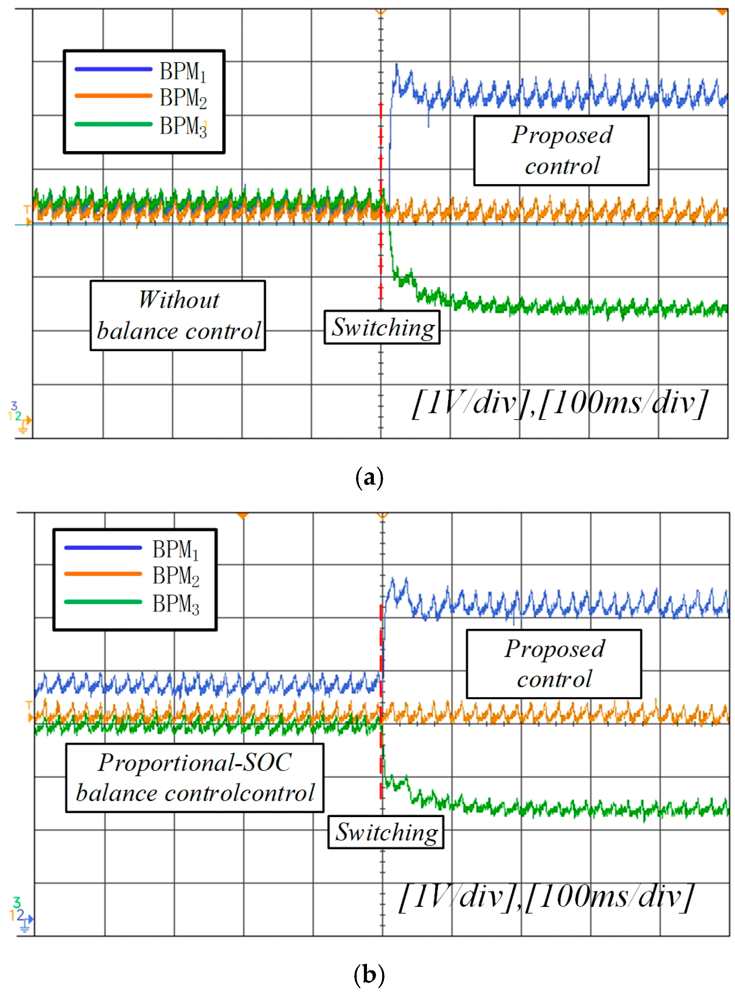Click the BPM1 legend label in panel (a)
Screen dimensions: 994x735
tap(183, 71)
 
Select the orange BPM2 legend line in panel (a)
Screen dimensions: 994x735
tap(114, 96)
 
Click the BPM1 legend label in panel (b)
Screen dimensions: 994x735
tap(175, 550)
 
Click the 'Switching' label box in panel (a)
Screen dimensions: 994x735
tap(382, 327)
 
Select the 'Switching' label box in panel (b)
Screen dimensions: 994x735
tap(386, 832)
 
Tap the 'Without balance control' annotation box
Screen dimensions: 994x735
tap(178, 315)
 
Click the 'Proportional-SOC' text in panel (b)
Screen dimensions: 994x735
tap(195, 763)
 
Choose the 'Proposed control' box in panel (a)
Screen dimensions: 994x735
tap(561, 151)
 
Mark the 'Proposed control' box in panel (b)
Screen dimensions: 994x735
tap(554, 664)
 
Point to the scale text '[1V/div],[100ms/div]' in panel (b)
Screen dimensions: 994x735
tap(546, 897)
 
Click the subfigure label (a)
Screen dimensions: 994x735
tap(369, 478)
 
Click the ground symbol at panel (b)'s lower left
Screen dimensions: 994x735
tap(25, 927)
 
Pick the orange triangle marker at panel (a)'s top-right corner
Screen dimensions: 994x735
tap(722, 12)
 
